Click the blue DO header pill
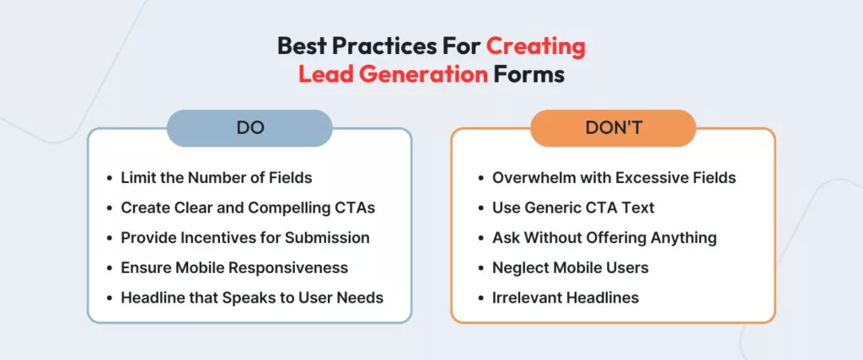(x=249, y=128)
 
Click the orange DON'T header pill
(x=613, y=128)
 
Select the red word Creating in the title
(x=533, y=46)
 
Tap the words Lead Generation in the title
(x=393, y=74)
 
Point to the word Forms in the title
(x=529, y=74)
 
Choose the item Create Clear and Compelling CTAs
(x=248, y=207)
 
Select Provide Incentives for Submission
(x=245, y=238)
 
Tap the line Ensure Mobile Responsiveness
(x=234, y=267)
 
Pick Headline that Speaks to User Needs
(x=252, y=297)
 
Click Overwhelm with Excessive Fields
(x=614, y=178)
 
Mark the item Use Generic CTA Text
(x=573, y=207)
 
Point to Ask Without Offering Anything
(x=604, y=238)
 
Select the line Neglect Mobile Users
(x=571, y=267)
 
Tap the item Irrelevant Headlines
(x=566, y=297)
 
